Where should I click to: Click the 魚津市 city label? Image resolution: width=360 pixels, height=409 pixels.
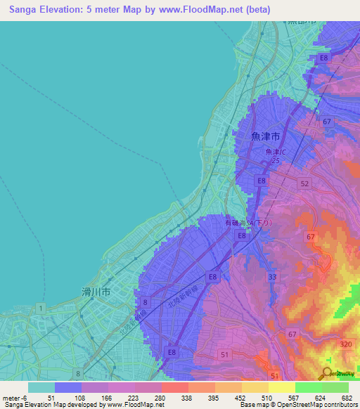coord(266,136)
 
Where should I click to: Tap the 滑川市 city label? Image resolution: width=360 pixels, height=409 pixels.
coord(96,290)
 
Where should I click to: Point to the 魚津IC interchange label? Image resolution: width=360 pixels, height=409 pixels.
coord(276,152)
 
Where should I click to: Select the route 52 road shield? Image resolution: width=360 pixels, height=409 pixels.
coord(304,183)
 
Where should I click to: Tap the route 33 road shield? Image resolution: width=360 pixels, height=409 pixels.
coord(272,278)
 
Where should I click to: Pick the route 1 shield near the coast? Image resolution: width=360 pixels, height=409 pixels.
coord(41,308)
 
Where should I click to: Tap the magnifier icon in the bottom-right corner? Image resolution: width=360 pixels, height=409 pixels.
coord(328,375)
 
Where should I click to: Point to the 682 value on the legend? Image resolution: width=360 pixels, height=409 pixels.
coord(347,398)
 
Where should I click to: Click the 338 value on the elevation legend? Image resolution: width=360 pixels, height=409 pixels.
coord(186,398)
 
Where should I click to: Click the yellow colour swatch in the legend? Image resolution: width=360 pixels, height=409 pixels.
coord(255,387)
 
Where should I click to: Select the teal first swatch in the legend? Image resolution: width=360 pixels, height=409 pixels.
coord(41,387)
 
